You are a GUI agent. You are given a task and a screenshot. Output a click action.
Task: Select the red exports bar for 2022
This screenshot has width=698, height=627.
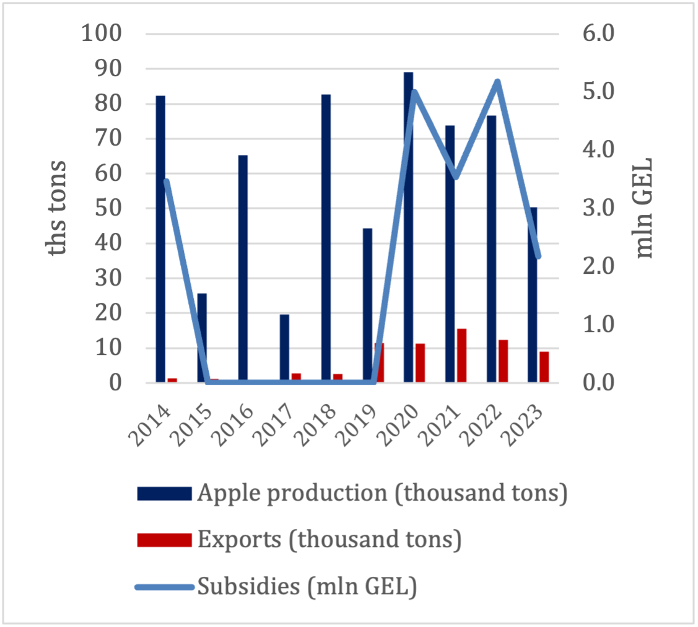[503, 361]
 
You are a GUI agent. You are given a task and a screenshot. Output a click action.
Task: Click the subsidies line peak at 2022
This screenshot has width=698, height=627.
[497, 82]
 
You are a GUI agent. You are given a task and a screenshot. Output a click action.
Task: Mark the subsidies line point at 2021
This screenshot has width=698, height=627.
[456, 177]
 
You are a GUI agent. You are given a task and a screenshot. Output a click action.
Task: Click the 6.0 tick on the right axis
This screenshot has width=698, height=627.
[597, 33]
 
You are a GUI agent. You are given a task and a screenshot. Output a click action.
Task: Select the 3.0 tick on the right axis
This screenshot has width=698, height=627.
[597, 208]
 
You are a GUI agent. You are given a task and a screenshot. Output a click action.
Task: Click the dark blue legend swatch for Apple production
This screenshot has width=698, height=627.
[164, 493]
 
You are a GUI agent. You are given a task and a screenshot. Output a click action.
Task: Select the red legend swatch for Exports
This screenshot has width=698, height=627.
[164, 540]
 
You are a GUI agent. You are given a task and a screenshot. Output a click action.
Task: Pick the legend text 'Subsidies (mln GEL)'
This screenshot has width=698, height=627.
[307, 586]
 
